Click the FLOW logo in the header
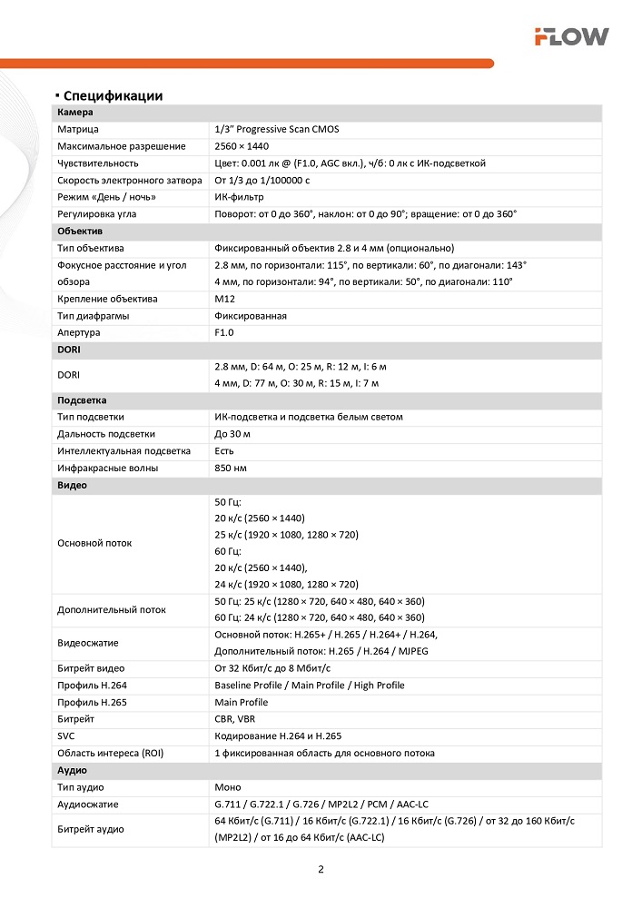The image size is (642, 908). coord(571,36)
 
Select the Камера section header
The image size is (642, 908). coord(75,113)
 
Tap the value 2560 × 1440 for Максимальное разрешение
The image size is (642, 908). coord(242,146)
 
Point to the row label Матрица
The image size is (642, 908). coord(78,130)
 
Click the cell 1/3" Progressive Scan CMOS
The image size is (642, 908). coord(276,130)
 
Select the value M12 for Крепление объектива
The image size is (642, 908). coord(224,299)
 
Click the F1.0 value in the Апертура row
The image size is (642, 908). coord(224,333)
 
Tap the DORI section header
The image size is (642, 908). coord(70,350)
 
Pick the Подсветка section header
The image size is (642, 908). coord(83,400)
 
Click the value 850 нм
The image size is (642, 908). coord(231,469)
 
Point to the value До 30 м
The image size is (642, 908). coord(232,434)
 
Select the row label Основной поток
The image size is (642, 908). coord(94,543)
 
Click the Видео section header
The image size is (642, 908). coord(73,485)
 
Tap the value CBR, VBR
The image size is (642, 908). coord(235,719)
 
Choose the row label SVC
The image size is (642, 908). coord(66,735)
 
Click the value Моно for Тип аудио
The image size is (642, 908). coord(228,787)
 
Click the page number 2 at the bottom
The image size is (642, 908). coord(321,869)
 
